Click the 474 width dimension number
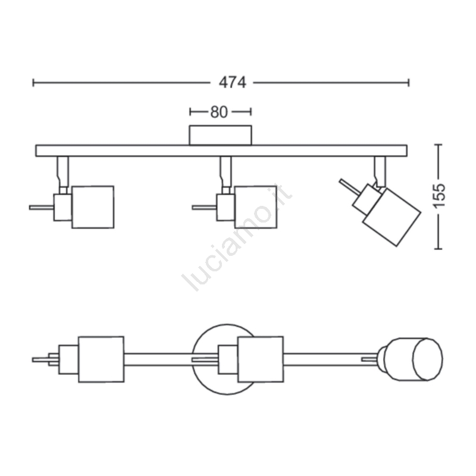click(x=233, y=82)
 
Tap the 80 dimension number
click(x=219, y=112)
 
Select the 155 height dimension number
click(x=439, y=196)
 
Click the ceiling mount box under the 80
click(x=220, y=135)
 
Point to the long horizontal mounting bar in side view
click(x=221, y=151)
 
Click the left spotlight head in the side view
click(x=93, y=207)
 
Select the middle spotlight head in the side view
click(x=256, y=207)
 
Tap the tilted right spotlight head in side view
click(x=392, y=217)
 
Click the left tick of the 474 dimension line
click(x=33, y=83)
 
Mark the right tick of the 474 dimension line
click(x=409, y=83)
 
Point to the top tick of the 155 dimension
click(x=438, y=145)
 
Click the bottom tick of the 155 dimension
click(x=438, y=249)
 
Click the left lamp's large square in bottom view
click(x=101, y=359)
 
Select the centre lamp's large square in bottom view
click(x=261, y=359)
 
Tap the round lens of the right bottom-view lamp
click(x=427, y=359)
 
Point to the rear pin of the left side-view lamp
click(x=42, y=207)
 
